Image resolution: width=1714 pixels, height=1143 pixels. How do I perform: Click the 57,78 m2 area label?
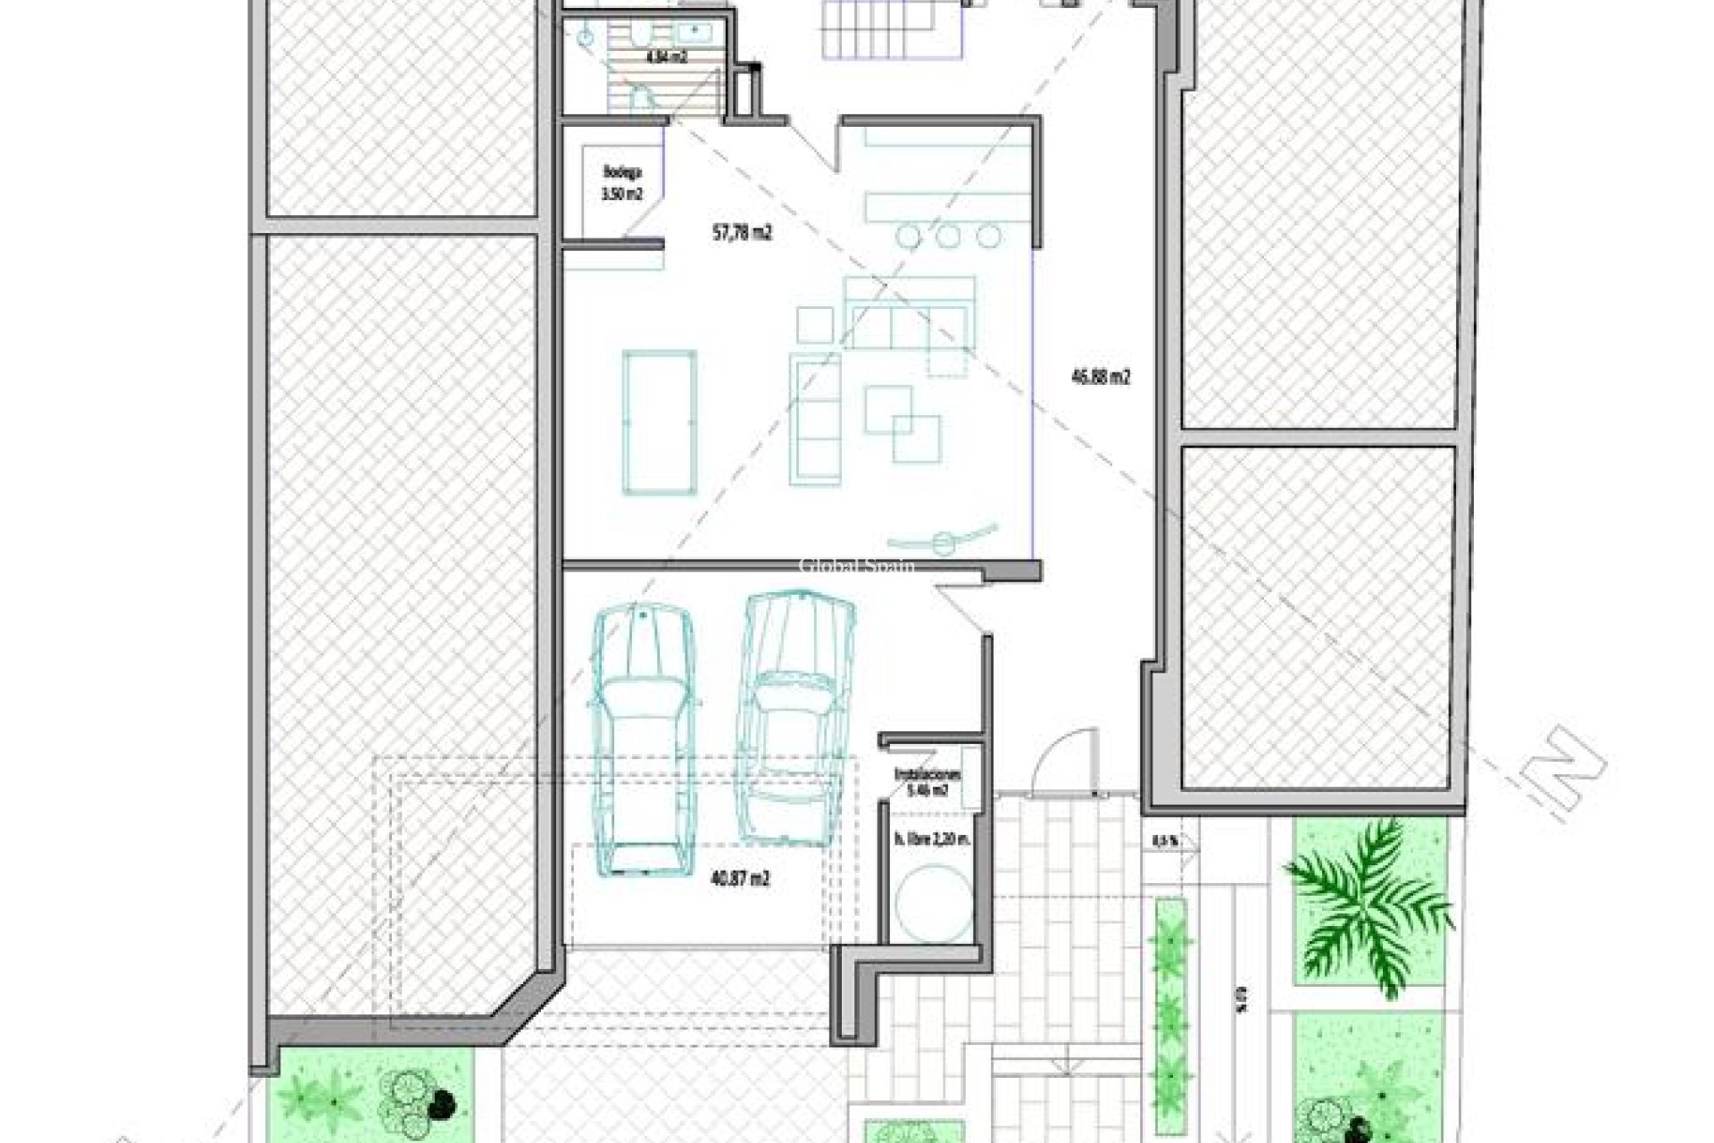(x=742, y=233)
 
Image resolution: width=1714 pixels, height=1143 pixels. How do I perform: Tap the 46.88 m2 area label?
(x=1100, y=377)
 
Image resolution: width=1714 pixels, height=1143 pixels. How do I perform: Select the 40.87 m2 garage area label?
(x=740, y=879)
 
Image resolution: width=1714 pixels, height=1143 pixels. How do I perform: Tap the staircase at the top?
(x=893, y=29)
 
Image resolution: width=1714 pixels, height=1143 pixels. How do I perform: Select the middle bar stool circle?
(x=948, y=236)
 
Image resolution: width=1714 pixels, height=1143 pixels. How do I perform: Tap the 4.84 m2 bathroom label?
(x=666, y=57)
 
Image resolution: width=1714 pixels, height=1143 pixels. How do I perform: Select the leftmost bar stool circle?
(x=909, y=236)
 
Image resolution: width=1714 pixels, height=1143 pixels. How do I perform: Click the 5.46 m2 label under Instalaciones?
(x=928, y=789)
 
